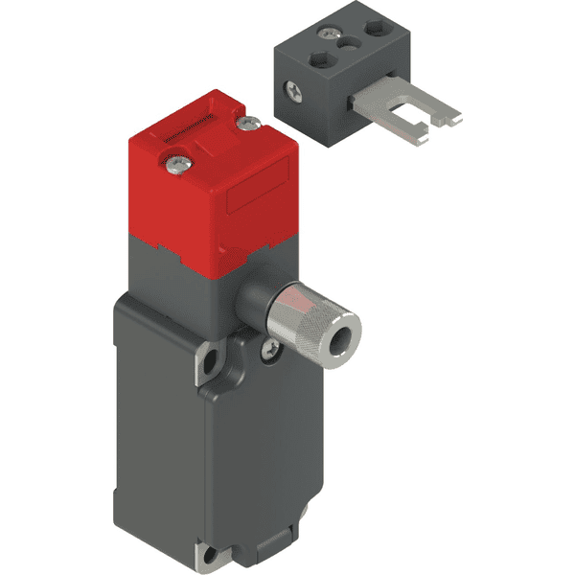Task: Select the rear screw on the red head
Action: point(252,122)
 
